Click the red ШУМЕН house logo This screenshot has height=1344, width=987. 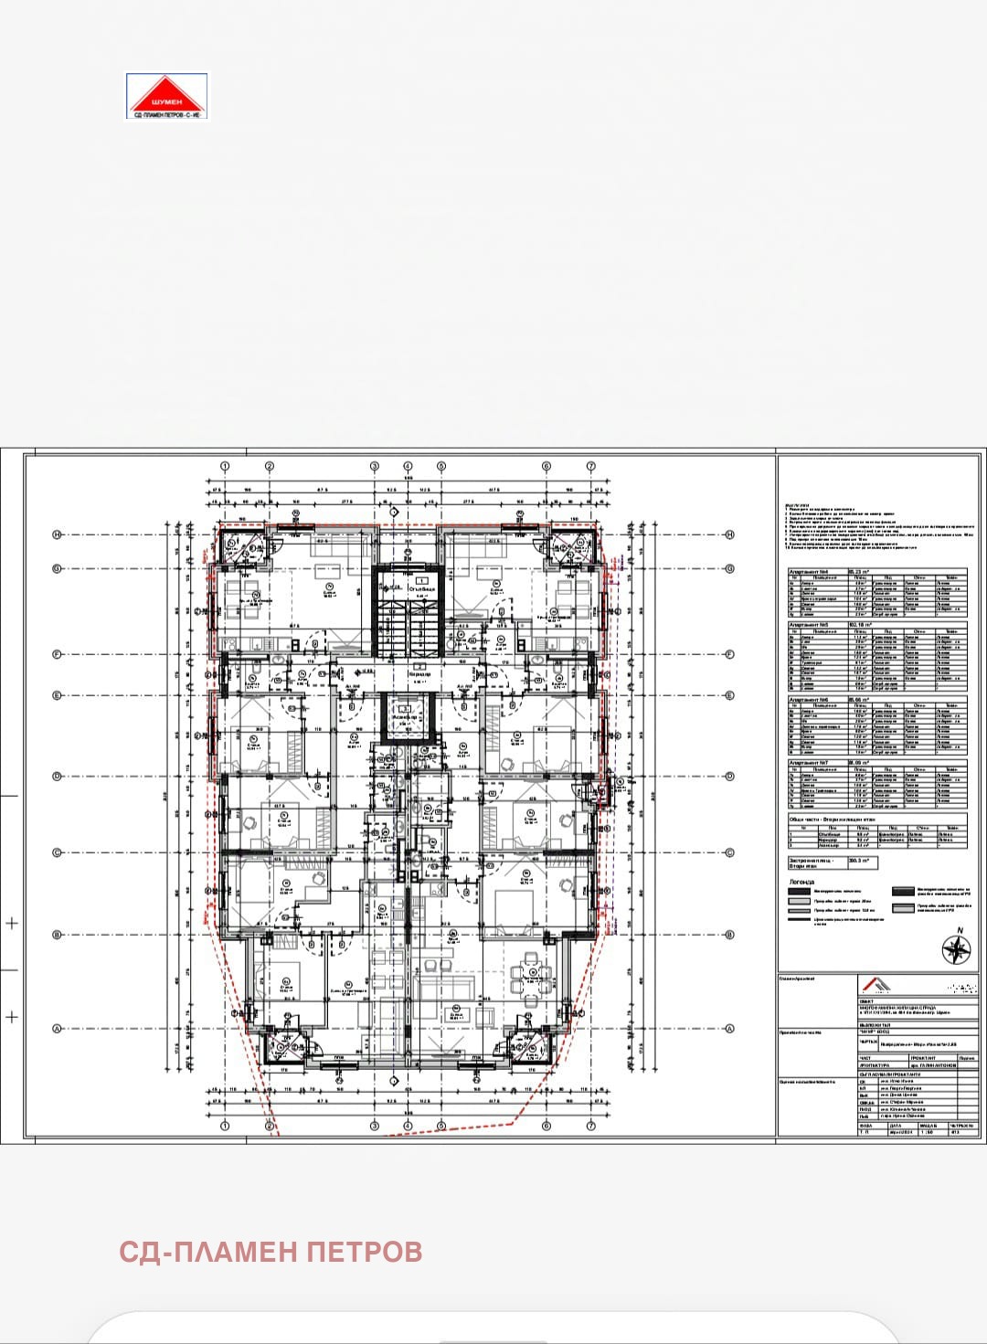166,95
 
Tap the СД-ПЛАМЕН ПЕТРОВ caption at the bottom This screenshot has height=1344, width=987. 271,1251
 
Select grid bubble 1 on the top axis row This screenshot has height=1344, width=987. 224,466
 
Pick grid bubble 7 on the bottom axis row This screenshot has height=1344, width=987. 591,1126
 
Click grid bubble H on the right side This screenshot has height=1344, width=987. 729,535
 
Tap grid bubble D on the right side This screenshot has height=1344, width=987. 729,777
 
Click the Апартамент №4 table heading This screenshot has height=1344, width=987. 809,571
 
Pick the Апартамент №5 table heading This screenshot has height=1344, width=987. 809,625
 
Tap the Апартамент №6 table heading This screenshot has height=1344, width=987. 809,699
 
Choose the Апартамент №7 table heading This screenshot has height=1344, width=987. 809,761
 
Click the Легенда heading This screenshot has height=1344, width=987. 801,882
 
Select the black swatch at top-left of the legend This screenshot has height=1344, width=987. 799,891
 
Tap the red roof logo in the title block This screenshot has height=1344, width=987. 876,985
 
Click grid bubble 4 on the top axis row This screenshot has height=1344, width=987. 409,466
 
